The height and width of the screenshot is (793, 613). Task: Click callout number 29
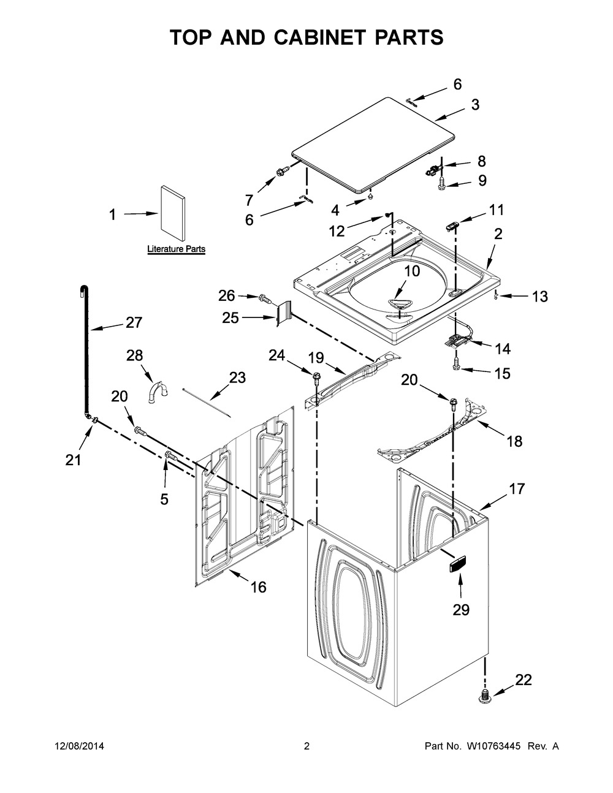click(x=460, y=609)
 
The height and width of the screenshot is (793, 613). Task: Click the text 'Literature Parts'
click(x=176, y=249)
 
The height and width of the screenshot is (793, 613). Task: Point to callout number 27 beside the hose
click(x=134, y=322)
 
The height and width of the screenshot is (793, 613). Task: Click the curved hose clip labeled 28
click(x=158, y=392)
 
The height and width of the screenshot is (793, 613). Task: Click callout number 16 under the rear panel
click(x=258, y=587)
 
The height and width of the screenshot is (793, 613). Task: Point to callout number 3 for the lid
click(x=475, y=105)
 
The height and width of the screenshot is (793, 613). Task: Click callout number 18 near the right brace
click(x=514, y=441)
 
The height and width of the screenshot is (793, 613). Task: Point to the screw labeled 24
click(x=317, y=375)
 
